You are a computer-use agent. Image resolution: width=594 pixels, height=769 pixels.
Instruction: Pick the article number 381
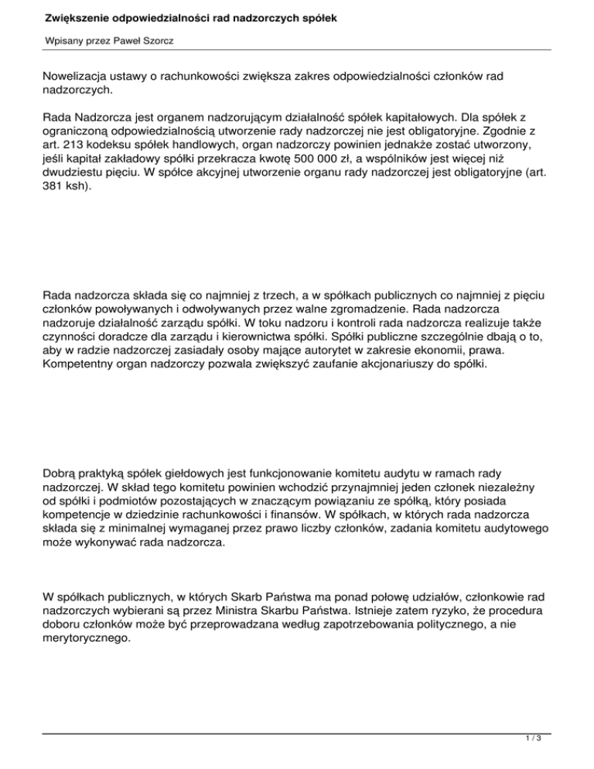(56, 193)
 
